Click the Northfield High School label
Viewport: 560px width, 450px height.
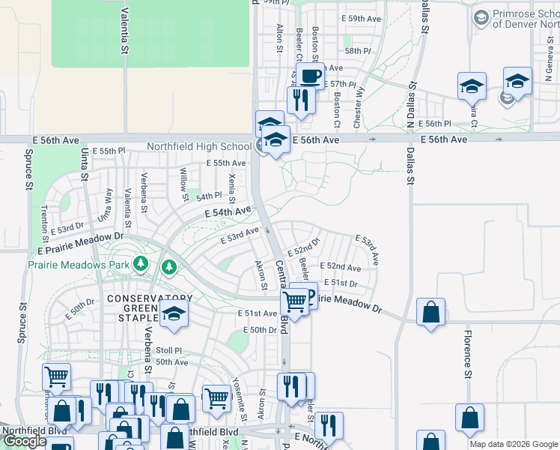coord(198,146)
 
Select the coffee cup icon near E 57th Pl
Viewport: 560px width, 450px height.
coord(310,75)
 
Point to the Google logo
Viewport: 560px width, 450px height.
coord(24,441)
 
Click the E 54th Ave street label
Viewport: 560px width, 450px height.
coord(228,214)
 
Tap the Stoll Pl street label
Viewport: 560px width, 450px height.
coord(168,350)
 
